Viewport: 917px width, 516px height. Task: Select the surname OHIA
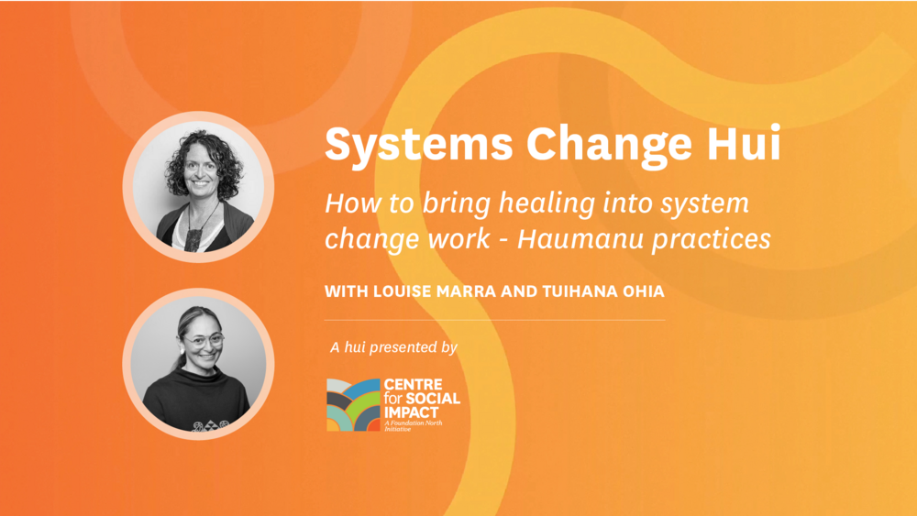coord(644,291)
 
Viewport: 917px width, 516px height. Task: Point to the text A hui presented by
coord(393,347)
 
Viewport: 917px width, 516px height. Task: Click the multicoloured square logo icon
coord(353,404)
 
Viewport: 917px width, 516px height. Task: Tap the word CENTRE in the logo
coord(413,385)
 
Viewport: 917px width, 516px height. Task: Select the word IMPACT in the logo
coord(411,412)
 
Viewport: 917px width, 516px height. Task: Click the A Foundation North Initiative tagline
coord(413,425)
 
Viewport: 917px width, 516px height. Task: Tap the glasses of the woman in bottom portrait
coord(204,340)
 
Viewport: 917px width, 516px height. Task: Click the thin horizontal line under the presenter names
coord(495,320)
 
